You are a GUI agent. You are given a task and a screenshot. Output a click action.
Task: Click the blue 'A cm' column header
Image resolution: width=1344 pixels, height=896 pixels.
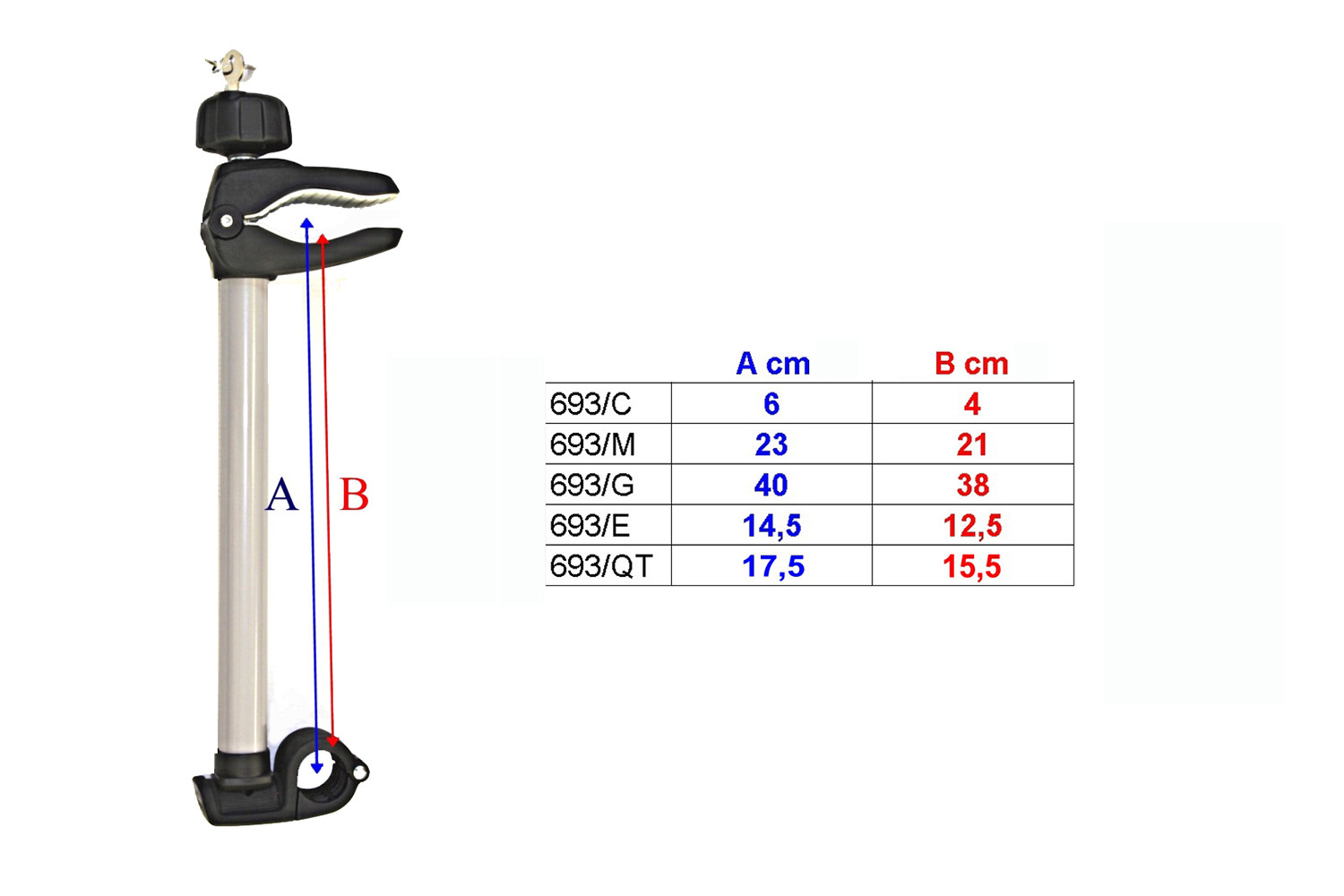pyautogui.click(x=772, y=364)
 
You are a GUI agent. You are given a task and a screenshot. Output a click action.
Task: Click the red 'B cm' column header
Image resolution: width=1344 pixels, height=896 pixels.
pyautogui.click(x=971, y=364)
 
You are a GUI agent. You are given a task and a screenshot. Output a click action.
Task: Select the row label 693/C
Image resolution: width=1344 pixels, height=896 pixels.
pyautogui.click(x=590, y=404)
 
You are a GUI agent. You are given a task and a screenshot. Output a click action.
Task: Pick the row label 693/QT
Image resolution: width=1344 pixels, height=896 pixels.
pyautogui.click(x=601, y=566)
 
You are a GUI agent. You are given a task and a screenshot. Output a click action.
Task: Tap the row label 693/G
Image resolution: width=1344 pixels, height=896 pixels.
pyautogui.click(x=591, y=485)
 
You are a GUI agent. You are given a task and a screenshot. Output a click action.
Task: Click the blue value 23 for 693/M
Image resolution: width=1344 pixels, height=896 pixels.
pyautogui.click(x=771, y=444)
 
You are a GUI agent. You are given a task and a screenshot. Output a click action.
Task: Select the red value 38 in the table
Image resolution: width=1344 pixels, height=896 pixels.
pyautogui.click(x=972, y=485)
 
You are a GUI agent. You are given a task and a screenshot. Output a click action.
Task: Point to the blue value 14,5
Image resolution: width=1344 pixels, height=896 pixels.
pyautogui.click(x=771, y=526)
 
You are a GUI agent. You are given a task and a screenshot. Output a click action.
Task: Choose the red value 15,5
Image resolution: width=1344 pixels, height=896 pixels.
pyautogui.click(x=972, y=566)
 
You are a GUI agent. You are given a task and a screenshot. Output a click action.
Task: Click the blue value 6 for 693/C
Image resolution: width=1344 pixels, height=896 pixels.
pyautogui.click(x=771, y=404)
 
